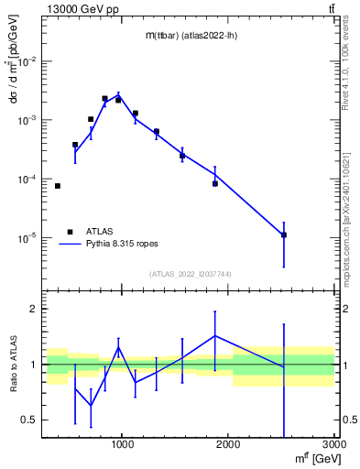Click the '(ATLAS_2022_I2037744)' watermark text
(189, 274)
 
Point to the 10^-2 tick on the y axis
(28, 61)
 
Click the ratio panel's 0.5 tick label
(30, 420)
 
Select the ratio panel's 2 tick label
(36, 309)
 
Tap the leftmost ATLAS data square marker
(57, 186)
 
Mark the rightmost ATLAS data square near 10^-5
(284, 235)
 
